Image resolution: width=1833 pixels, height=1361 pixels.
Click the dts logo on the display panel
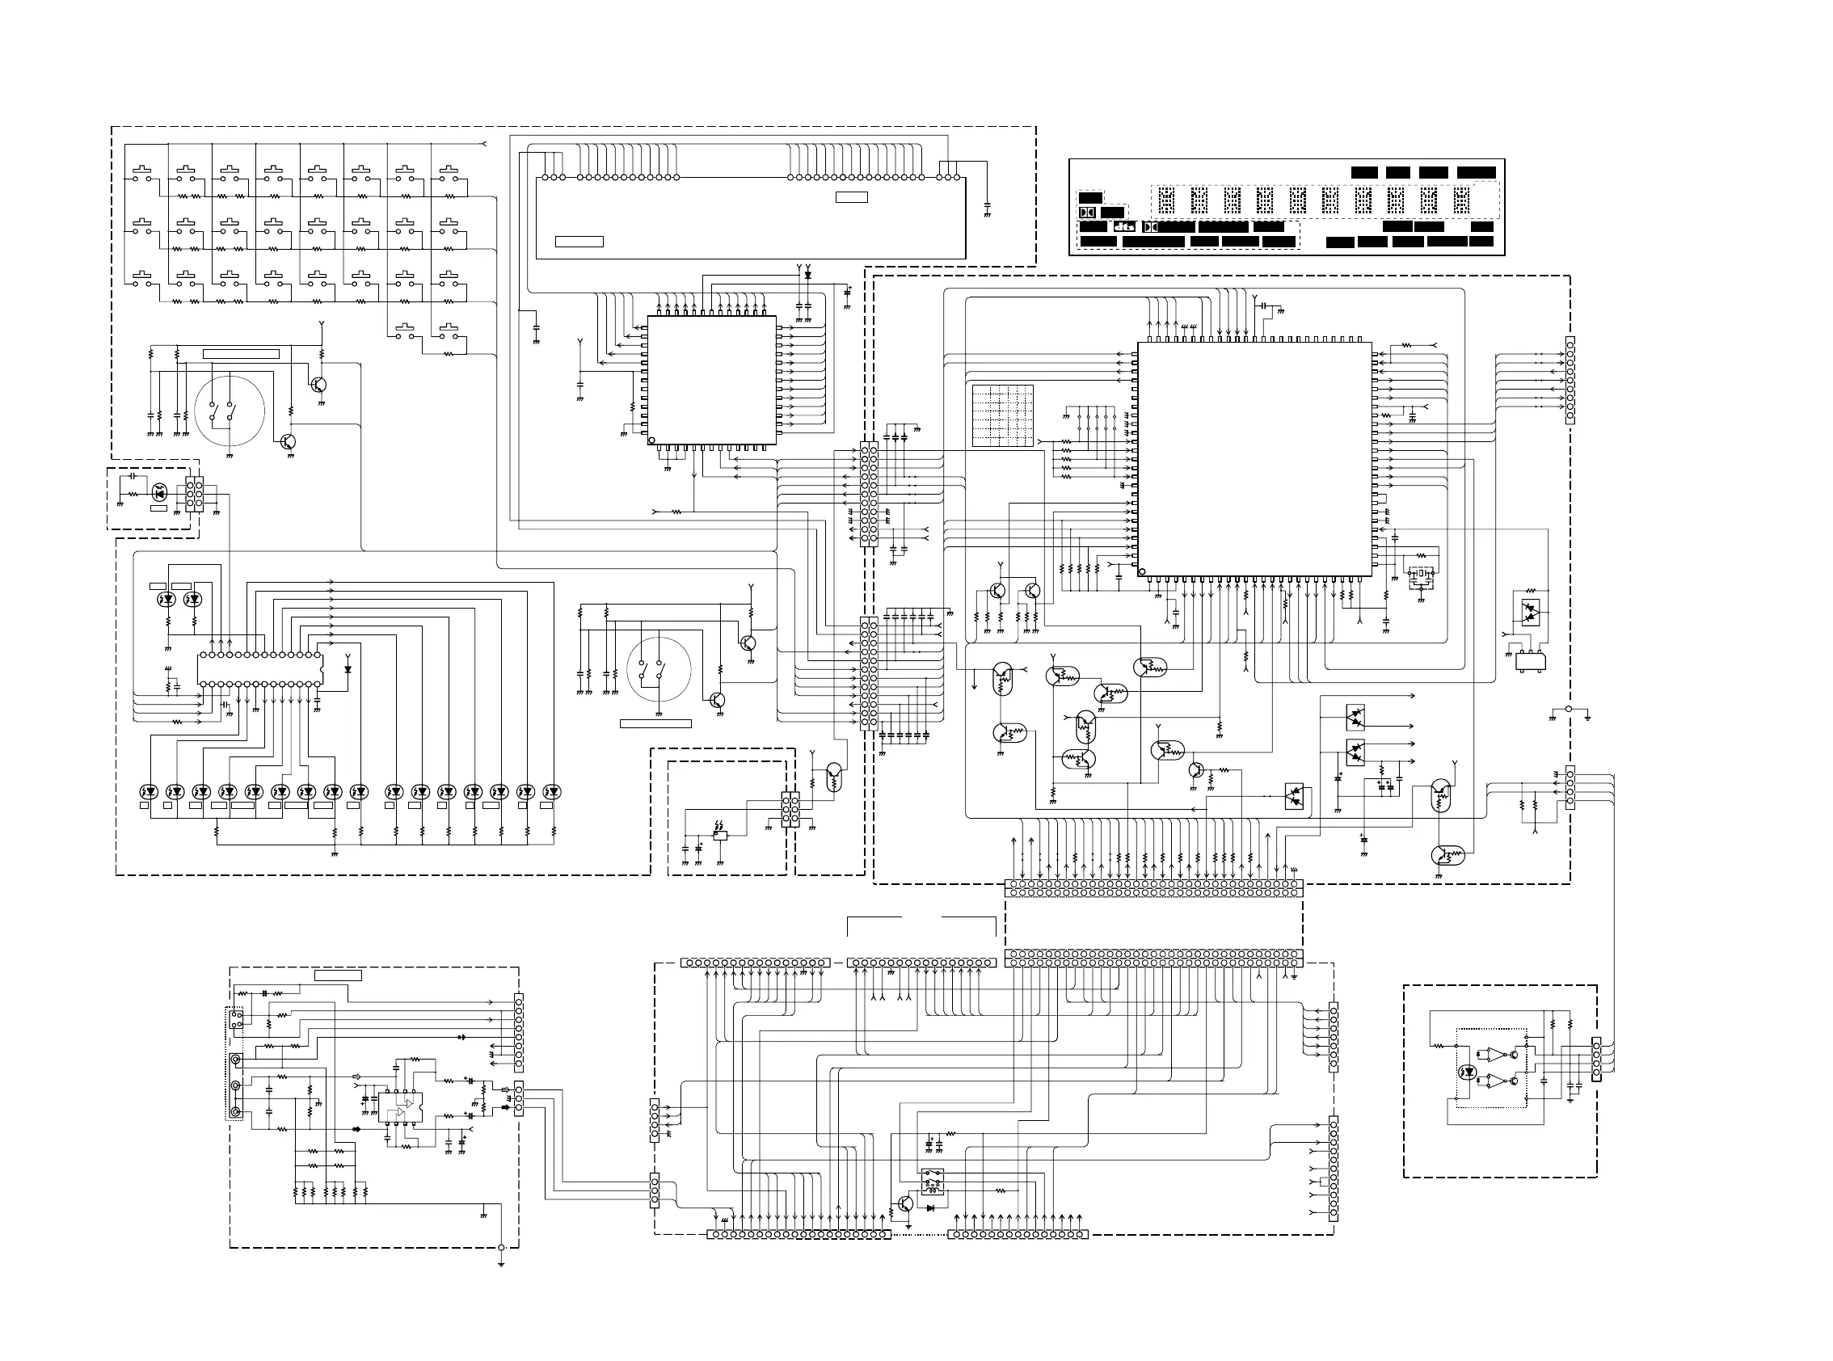point(1124,226)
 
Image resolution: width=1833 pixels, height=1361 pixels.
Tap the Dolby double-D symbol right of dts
point(1151,226)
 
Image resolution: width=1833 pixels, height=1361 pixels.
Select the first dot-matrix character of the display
point(1165,200)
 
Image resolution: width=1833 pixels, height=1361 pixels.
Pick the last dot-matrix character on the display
point(1461,200)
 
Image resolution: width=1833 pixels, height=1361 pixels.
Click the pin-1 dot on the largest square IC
point(1142,571)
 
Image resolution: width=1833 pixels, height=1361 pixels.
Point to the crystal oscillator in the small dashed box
point(1421,575)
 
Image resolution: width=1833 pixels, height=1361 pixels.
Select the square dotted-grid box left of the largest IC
point(1003,415)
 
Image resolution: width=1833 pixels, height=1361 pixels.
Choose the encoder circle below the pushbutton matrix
point(230,411)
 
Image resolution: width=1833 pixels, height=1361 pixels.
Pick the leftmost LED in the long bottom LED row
point(148,792)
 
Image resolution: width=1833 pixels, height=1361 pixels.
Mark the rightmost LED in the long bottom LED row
point(553,792)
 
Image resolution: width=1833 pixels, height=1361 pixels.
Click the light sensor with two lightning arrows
point(720,834)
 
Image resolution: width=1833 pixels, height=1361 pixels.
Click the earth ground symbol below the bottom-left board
point(501,1262)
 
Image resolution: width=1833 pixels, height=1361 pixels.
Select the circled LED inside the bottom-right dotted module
point(1467,1072)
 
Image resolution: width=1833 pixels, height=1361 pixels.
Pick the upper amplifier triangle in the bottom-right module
point(1493,1054)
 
